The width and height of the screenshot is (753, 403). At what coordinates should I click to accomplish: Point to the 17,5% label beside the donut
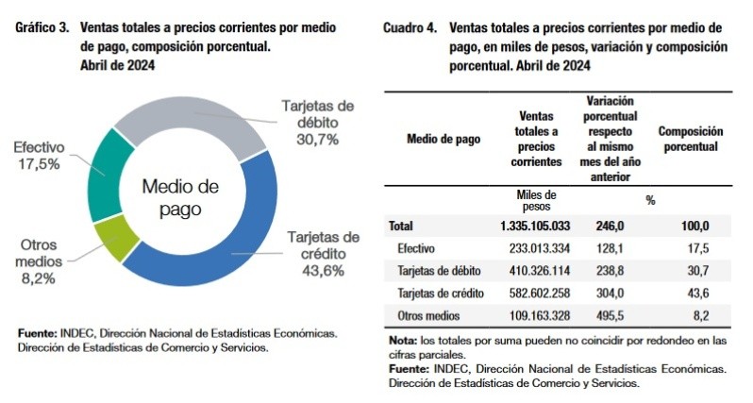point(38,162)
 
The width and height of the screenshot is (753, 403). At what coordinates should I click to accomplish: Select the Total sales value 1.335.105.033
point(535,226)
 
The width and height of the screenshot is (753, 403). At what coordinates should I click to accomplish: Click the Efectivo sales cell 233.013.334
point(535,248)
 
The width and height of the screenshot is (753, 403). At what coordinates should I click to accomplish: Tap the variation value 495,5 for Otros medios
point(609,316)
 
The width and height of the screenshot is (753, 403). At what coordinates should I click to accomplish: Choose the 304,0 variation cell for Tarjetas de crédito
point(609,294)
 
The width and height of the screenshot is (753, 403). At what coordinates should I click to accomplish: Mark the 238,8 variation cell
point(609,271)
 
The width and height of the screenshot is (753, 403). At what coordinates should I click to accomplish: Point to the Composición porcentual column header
point(690,140)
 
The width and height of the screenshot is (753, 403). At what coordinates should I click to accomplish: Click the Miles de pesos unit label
point(535,199)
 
